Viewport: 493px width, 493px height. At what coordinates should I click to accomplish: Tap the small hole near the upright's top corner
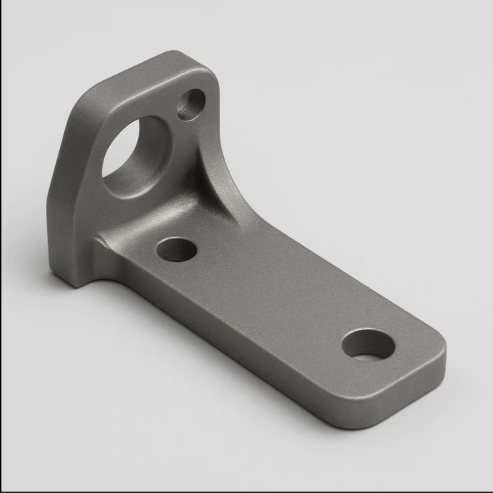click(190, 105)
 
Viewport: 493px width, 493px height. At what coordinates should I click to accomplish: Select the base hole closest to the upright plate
click(176, 249)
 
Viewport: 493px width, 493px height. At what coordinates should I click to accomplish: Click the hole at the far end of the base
click(368, 344)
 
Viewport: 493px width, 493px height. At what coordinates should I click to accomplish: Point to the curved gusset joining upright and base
click(218, 190)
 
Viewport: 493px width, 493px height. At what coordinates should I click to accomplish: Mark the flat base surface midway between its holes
click(271, 296)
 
